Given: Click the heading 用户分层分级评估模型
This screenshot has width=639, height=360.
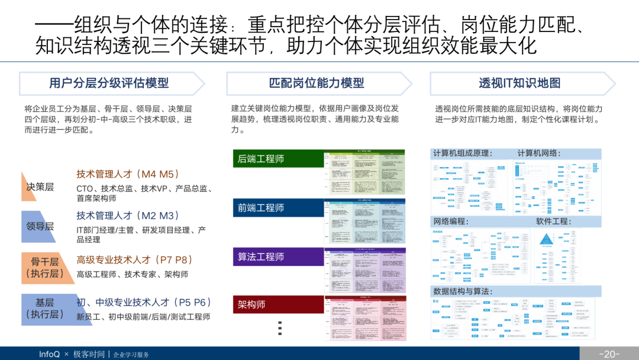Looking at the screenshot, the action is [x=109, y=83].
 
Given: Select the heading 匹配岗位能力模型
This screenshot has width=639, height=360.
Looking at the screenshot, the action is [x=317, y=83].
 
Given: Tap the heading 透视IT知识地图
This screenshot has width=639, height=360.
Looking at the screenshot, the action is [x=519, y=83].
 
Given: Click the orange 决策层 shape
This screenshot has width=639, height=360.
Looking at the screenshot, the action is [x=40, y=187].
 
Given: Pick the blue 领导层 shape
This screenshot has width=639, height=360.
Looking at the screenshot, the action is [x=40, y=226].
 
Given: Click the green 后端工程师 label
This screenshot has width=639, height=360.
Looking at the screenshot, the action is [x=261, y=159].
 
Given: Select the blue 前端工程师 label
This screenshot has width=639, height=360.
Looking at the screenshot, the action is [x=261, y=208].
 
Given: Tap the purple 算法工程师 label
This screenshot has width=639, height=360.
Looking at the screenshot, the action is [x=261, y=257].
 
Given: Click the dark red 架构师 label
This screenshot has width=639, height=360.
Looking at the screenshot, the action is [x=251, y=304].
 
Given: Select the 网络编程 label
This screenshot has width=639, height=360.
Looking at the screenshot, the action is [x=451, y=221].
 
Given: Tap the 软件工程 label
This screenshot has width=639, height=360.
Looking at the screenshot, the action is [x=552, y=221].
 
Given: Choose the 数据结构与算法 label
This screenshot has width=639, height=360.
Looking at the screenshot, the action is [x=463, y=291].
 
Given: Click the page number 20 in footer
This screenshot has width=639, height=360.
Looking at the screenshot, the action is [x=609, y=354].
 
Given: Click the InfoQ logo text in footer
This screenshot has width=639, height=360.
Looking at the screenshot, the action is [x=50, y=354].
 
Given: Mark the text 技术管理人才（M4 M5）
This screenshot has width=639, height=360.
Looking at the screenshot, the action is [x=128, y=174].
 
